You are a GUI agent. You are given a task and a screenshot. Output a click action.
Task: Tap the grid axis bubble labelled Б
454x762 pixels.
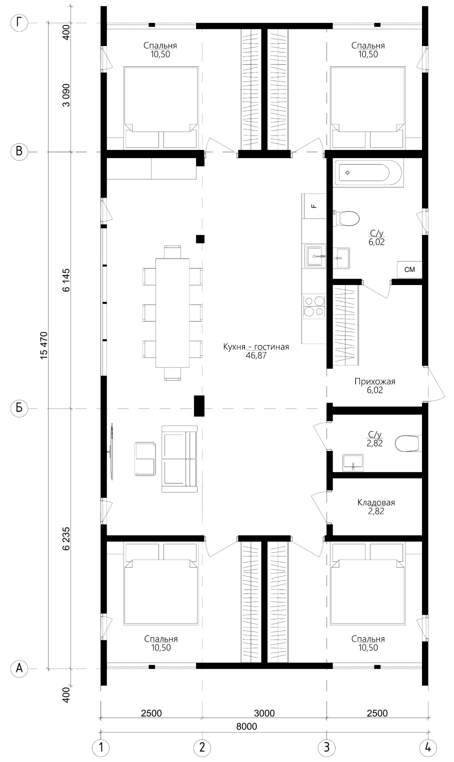[19, 408]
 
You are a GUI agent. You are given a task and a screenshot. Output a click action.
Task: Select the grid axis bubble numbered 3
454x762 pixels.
[326, 747]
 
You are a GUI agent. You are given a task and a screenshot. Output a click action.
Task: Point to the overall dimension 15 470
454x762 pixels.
[44, 345]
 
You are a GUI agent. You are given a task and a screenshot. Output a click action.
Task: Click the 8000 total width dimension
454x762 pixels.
[246, 726]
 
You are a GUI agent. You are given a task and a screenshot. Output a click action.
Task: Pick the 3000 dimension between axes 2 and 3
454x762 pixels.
[264, 712]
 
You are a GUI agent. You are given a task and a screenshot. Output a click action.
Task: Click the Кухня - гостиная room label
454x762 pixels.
[256, 346]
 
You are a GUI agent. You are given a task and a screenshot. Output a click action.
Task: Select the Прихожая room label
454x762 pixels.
[375, 381]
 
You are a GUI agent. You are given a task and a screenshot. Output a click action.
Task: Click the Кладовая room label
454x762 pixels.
[376, 502]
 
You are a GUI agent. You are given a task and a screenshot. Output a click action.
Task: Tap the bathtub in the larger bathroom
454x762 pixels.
[367, 172]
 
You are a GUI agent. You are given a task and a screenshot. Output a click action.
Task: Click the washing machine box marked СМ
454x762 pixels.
[410, 269]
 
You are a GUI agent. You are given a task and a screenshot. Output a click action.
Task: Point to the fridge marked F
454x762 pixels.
[314, 206]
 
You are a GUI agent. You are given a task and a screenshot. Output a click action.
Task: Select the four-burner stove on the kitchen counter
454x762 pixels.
[314, 306]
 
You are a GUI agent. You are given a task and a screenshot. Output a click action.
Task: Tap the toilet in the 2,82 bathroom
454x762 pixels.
[408, 443]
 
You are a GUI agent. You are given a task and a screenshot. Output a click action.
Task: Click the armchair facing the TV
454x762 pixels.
[145, 459]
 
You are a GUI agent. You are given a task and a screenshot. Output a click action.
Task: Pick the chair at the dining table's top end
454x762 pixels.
[172, 252]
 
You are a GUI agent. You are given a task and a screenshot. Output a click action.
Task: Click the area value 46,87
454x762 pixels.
[256, 356]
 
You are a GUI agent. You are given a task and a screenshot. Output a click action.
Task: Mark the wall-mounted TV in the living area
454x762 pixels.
[111, 451]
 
